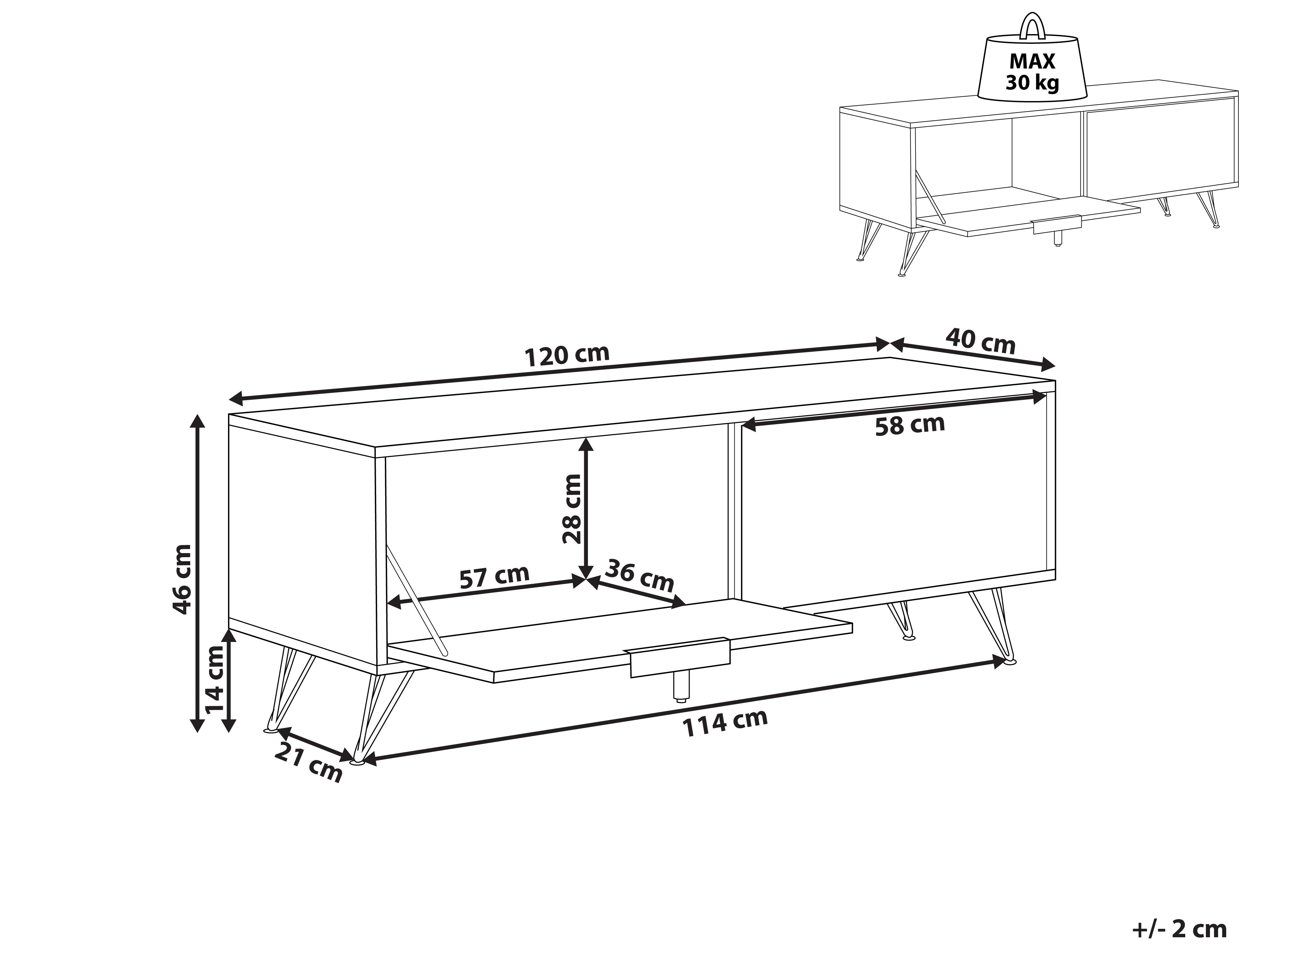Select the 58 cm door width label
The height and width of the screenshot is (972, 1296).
[910, 425]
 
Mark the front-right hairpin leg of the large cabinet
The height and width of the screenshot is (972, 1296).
[993, 627]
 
